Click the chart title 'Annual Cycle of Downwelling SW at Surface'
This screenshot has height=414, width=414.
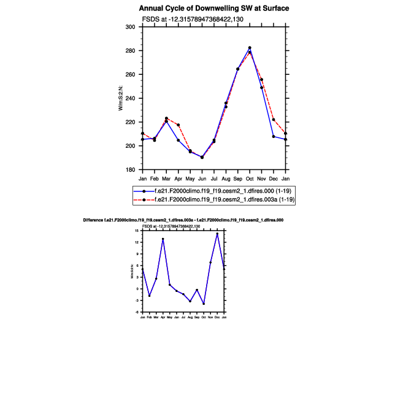(213, 9)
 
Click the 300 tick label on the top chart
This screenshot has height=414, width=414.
(130, 27)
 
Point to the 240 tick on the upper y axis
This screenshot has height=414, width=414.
(130, 98)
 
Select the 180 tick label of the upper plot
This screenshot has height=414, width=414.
(130, 170)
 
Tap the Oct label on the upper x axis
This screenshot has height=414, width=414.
(250, 178)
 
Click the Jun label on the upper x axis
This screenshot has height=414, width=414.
(202, 178)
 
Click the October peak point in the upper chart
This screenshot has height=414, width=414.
(250, 48)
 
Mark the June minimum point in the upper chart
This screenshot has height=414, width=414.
(202, 157)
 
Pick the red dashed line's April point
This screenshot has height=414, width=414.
(178, 125)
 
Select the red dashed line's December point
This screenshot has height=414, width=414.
(274, 120)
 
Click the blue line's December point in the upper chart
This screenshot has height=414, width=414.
(274, 136)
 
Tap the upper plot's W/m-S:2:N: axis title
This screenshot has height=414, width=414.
(121, 98)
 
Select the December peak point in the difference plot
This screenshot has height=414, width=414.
(217, 234)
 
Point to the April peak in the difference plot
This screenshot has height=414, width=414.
(163, 239)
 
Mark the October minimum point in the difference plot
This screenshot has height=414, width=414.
(204, 304)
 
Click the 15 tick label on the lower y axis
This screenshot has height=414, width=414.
(138, 230)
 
